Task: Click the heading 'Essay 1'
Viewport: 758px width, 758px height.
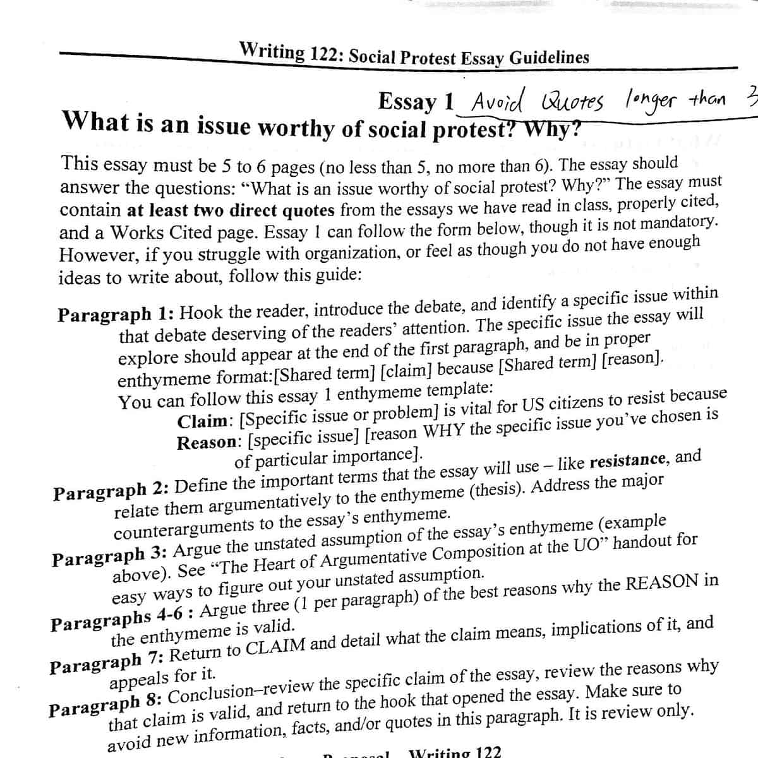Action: tap(416, 101)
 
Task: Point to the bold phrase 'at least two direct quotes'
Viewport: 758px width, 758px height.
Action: tap(232, 210)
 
